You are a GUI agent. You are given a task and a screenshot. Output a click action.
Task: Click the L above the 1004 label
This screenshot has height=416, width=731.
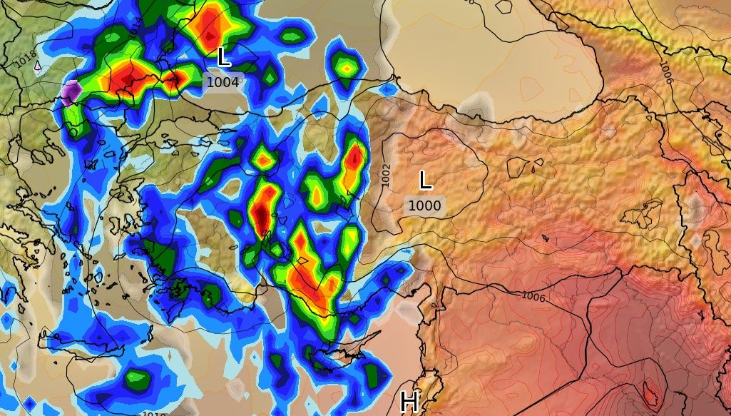pos(223,57)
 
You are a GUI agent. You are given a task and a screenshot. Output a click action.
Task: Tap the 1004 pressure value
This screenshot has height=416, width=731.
pos(223,82)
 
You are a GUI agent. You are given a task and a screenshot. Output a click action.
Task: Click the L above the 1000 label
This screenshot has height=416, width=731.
pos(425,181)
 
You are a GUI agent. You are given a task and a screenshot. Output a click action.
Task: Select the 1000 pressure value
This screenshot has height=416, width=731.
pos(424,206)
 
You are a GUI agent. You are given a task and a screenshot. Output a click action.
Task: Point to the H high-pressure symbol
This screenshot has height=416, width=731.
pos(409,402)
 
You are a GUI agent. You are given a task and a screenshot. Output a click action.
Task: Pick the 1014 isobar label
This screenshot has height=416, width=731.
pos(136,26)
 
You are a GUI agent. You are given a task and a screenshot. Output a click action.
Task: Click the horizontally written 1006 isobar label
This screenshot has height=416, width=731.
pos(533,296)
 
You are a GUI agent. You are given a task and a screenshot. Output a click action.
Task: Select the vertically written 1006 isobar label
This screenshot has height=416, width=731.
pos(666,71)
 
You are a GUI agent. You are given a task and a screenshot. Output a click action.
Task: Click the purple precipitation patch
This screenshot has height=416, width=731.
pos(71,92)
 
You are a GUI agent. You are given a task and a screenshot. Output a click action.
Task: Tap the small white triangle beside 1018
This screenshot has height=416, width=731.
pos(38,66)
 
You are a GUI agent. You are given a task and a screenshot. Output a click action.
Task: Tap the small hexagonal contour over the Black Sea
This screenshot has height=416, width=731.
pos(503,7)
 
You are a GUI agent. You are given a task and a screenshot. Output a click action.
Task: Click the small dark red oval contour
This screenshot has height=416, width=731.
pos(650,392)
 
